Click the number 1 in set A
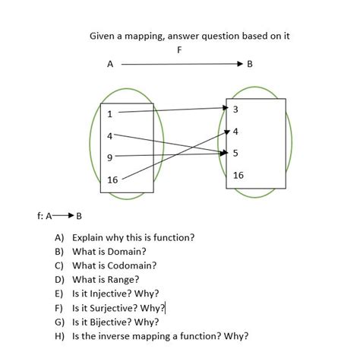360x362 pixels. (x=109, y=114)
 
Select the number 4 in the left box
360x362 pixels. (x=109, y=136)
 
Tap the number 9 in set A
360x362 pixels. (x=109, y=157)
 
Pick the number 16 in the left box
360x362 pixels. (x=112, y=180)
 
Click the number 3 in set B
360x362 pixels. (x=235, y=110)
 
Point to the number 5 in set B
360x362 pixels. (x=235, y=153)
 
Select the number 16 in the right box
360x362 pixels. (x=238, y=175)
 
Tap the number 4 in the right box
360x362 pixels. (x=235, y=132)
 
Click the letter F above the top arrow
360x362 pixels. (x=179, y=50)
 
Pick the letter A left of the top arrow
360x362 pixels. (x=110, y=65)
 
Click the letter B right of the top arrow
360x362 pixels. (x=250, y=65)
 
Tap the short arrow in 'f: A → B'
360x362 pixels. (x=62, y=215)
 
